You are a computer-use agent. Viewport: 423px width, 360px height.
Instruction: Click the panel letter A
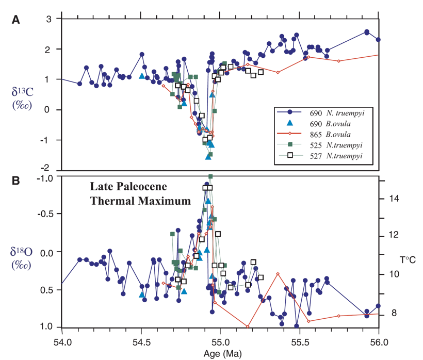(x=16, y=20)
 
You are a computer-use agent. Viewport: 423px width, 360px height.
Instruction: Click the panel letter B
(x=16, y=181)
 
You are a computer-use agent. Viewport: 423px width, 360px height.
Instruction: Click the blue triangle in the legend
(x=290, y=123)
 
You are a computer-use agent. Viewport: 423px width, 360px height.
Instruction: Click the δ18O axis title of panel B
(x=23, y=257)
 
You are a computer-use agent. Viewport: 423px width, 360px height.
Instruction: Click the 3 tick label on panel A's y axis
(x=50, y=19)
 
